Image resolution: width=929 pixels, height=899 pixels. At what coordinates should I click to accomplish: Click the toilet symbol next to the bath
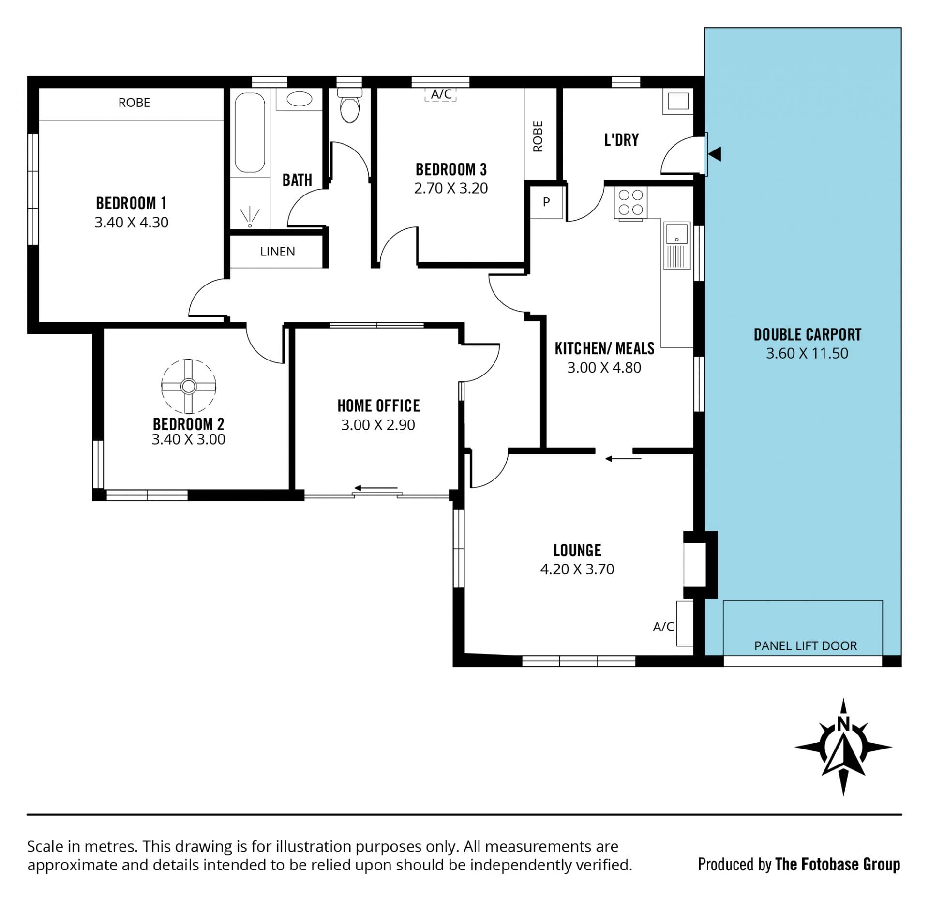pyautogui.click(x=349, y=105)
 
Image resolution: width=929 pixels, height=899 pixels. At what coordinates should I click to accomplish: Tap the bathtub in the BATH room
pyautogui.click(x=250, y=133)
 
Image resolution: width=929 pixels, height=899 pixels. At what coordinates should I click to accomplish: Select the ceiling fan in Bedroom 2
pyautogui.click(x=188, y=386)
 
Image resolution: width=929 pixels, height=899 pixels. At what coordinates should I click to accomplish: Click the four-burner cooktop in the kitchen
pyautogui.click(x=630, y=203)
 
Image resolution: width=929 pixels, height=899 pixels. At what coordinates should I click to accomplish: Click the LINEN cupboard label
pyautogui.click(x=277, y=252)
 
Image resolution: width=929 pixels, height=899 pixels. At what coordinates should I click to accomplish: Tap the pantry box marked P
pyautogui.click(x=546, y=202)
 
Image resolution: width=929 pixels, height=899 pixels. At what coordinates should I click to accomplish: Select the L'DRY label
pyautogui.click(x=621, y=140)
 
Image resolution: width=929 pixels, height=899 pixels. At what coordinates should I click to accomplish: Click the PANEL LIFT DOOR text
pyautogui.click(x=806, y=646)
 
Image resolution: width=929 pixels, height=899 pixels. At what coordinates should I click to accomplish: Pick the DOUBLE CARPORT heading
pyautogui.click(x=807, y=334)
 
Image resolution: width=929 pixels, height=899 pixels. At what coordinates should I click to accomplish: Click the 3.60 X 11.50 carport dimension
pyautogui.click(x=807, y=353)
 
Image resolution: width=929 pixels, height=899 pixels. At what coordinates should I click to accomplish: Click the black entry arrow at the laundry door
pyautogui.click(x=715, y=154)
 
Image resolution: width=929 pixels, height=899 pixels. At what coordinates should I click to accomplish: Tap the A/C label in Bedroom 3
pyautogui.click(x=441, y=94)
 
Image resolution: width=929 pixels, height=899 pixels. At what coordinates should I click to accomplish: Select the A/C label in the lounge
pyautogui.click(x=663, y=627)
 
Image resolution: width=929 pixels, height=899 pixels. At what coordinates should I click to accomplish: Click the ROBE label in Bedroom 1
pyautogui.click(x=134, y=103)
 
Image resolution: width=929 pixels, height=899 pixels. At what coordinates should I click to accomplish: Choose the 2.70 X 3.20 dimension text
pyautogui.click(x=451, y=188)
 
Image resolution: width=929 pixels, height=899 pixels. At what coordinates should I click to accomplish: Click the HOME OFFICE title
pyautogui.click(x=378, y=405)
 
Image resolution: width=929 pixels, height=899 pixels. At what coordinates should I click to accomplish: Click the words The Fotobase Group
pyautogui.click(x=838, y=864)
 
